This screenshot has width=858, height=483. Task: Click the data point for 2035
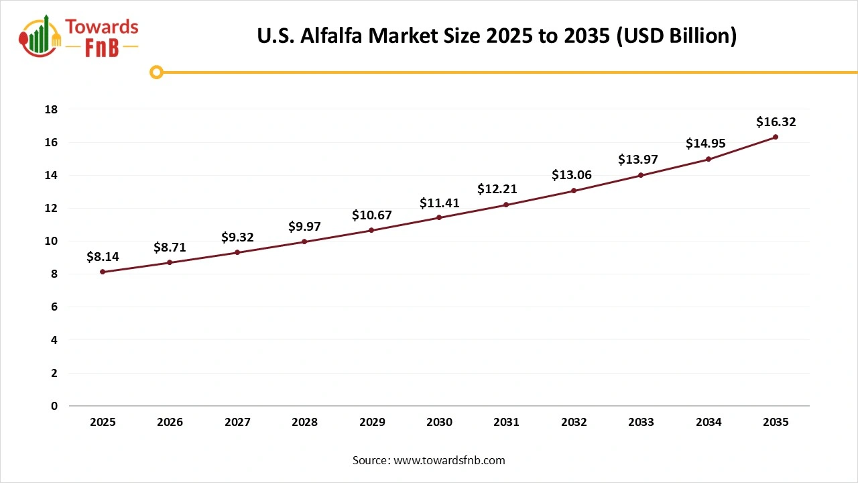click(776, 137)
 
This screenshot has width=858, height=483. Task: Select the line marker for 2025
click(103, 272)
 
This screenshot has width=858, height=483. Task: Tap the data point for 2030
click(439, 217)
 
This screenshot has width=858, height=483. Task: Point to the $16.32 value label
click(776, 122)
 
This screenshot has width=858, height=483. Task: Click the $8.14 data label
click(103, 256)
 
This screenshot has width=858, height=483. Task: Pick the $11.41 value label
click(439, 203)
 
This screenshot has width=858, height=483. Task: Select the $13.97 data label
click(641, 160)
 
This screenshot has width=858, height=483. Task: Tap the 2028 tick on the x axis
click(304, 423)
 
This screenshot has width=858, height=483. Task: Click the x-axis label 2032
click(574, 423)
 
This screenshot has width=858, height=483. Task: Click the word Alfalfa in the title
click(332, 36)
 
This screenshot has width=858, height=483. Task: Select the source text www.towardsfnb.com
click(448, 460)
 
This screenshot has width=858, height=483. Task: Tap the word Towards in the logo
click(102, 28)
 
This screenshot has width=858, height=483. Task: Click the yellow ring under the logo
click(156, 72)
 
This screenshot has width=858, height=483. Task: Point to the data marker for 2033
click(641, 175)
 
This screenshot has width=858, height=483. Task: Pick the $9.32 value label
click(237, 237)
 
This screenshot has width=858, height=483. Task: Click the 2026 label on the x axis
click(170, 423)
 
